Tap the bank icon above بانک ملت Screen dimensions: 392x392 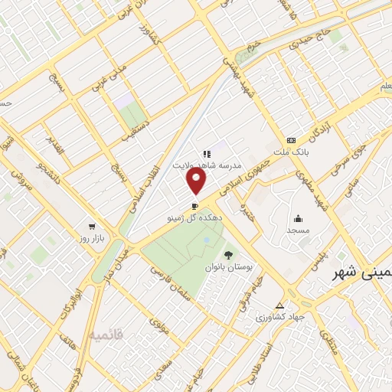point(290,140)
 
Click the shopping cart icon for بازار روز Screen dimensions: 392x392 point(92,227)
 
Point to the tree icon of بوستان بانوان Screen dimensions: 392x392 point(227,254)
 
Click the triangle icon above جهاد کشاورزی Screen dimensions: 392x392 point(289,303)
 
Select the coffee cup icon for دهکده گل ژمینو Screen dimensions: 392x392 point(194,206)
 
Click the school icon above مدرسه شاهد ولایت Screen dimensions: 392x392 point(207,153)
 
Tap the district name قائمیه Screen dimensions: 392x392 point(105,335)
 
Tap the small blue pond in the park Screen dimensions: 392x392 point(205,240)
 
